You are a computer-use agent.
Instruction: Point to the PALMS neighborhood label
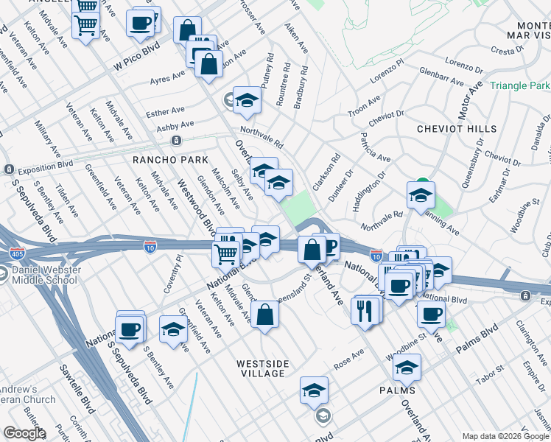pyautogui.click(x=397, y=390)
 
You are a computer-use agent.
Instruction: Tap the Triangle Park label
pyautogui.click(x=519, y=86)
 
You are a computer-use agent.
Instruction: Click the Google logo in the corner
pyautogui.click(x=24, y=433)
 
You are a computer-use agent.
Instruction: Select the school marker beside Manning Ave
pyautogui.click(x=421, y=196)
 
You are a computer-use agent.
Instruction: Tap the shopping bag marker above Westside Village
pyautogui.click(x=264, y=315)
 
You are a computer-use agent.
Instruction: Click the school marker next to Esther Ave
pyautogui.click(x=248, y=101)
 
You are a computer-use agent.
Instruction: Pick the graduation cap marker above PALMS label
pyautogui.click(x=406, y=367)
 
